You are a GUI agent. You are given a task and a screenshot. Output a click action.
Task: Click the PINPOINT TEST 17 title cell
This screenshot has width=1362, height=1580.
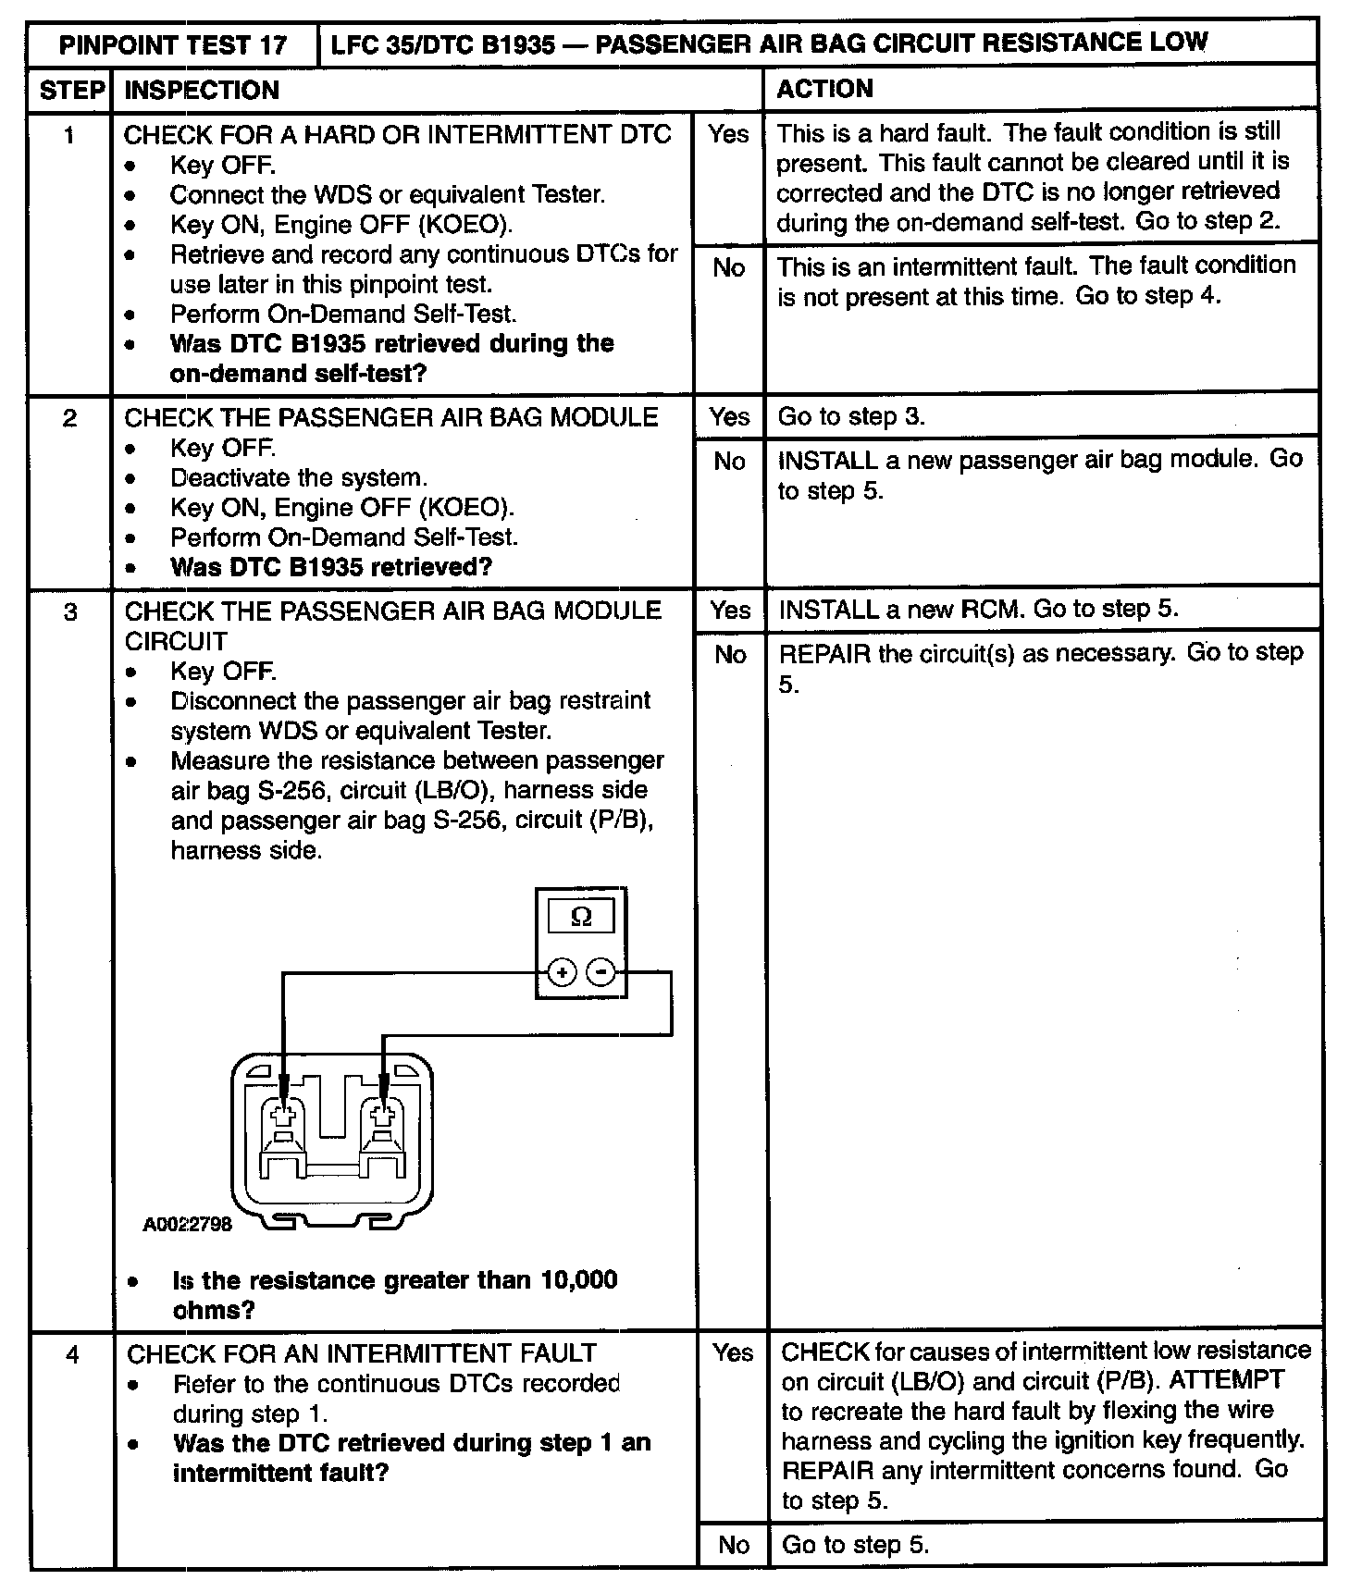(173, 44)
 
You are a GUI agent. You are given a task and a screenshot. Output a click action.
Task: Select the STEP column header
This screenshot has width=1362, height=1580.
(70, 90)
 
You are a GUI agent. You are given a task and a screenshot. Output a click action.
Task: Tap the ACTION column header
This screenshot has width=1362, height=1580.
(824, 89)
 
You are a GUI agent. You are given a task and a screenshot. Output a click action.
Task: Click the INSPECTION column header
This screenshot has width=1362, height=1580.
(202, 90)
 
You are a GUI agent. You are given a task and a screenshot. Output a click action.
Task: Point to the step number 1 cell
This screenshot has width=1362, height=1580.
(69, 136)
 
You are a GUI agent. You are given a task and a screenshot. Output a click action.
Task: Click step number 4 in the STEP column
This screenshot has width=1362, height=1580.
(72, 1355)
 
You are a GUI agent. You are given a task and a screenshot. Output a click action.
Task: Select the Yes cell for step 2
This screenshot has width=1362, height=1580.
(729, 417)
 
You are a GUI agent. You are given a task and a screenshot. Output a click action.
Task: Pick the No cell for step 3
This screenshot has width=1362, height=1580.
(730, 655)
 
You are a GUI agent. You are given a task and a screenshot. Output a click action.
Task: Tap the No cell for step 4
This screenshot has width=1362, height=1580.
(733, 1545)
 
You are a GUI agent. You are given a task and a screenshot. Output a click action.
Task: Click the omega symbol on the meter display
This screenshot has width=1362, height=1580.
(581, 917)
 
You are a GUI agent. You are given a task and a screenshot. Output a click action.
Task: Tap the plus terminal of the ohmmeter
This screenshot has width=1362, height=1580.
(562, 972)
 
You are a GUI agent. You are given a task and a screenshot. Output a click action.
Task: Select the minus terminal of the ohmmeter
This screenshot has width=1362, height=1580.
(601, 972)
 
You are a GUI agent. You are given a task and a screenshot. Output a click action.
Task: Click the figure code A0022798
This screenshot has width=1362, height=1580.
(187, 1225)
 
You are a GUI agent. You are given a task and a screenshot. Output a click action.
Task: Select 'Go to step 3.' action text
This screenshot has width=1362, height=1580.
(850, 417)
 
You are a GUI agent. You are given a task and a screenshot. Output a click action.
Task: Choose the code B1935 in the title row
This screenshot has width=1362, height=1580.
(505, 43)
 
